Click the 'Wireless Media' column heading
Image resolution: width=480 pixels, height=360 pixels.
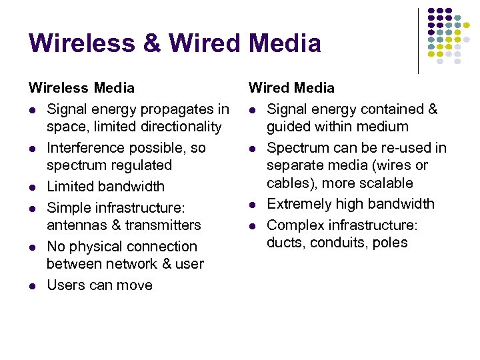pos(81,88)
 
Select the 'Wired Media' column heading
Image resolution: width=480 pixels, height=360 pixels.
pos(291,88)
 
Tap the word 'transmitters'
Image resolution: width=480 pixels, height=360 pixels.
pos(160,225)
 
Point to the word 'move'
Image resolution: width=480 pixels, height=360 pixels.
pos(134,285)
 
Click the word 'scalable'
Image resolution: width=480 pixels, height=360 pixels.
pos(385,183)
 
